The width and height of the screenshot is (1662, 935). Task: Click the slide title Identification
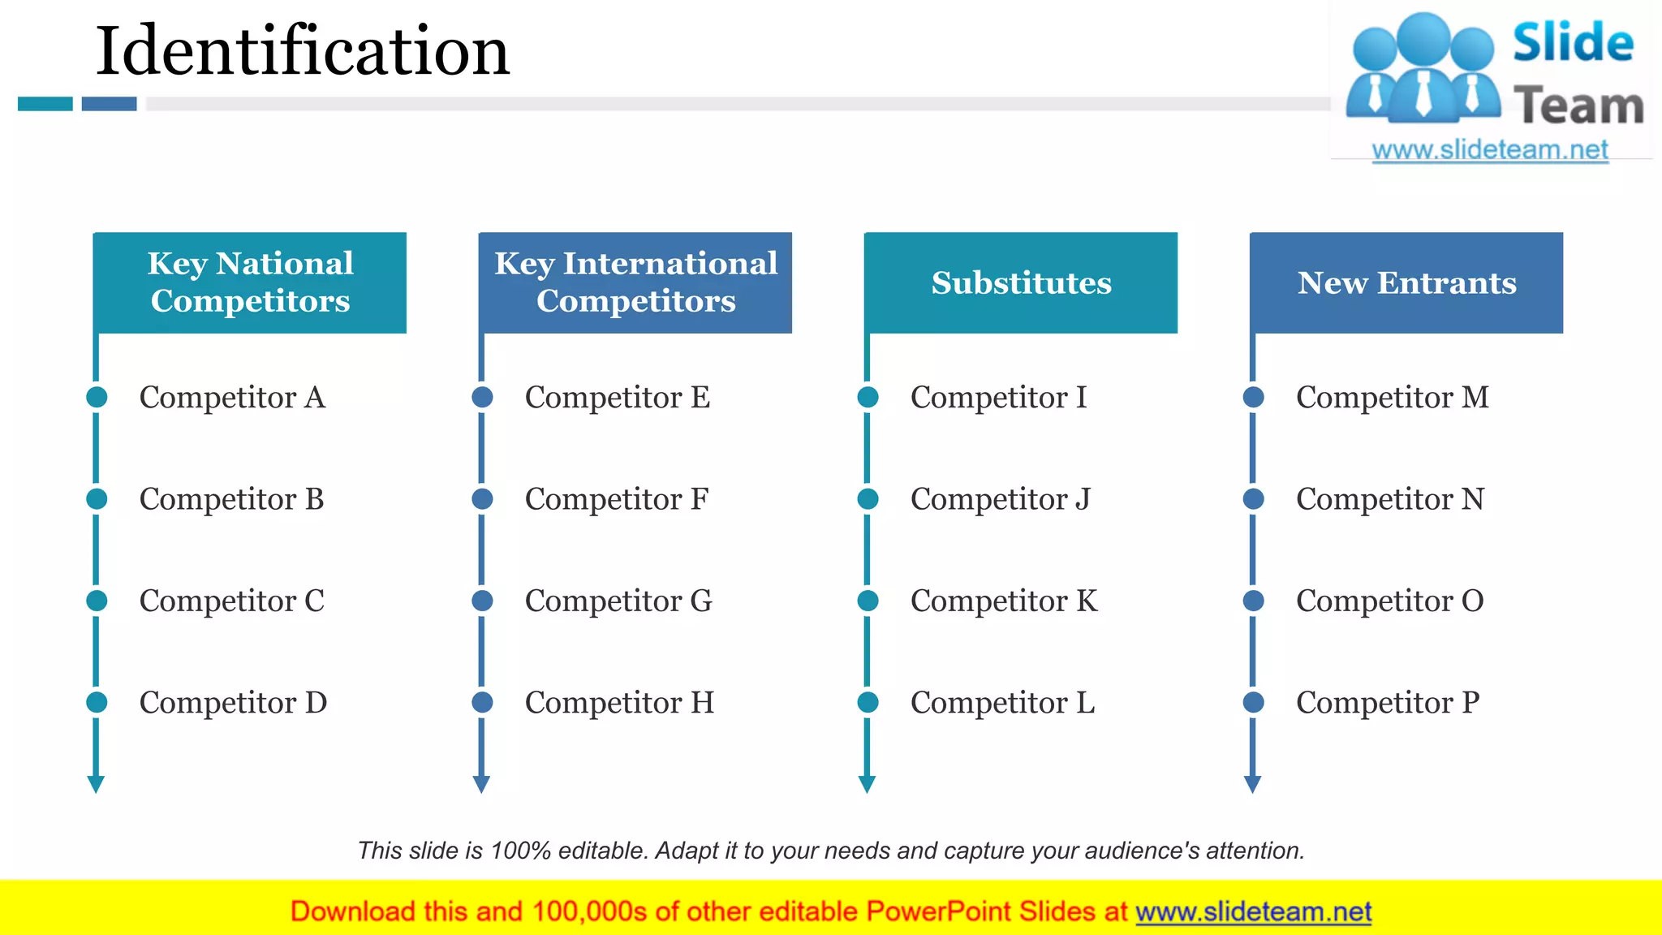pyautogui.click(x=302, y=51)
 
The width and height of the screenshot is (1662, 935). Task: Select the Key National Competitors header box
pyautogui.click(x=250, y=282)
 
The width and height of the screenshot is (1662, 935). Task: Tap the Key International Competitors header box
pyautogui.click(x=635, y=282)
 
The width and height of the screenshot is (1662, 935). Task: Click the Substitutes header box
pyautogui.click(x=1021, y=282)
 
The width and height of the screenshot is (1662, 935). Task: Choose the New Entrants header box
pyautogui.click(x=1406, y=282)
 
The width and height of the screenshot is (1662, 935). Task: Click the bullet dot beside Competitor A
pyautogui.click(x=97, y=397)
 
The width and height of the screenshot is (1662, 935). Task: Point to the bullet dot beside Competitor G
pyautogui.click(x=482, y=601)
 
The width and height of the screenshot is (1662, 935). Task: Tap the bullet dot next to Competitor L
pyautogui.click(x=868, y=702)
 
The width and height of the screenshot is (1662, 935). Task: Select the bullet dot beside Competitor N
pyautogui.click(x=1253, y=498)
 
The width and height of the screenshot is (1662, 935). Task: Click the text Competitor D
pyautogui.click(x=233, y=703)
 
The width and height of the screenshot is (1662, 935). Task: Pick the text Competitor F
pyautogui.click(x=617, y=499)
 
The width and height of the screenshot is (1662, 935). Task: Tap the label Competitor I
pyautogui.click(x=998, y=398)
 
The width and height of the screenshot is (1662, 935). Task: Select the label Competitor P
pyautogui.click(x=1388, y=703)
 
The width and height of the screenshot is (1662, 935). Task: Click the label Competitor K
pyautogui.click(x=1004, y=601)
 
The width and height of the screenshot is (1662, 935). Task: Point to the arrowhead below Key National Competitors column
pyautogui.click(x=96, y=784)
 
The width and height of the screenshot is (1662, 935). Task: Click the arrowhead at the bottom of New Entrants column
pyautogui.click(x=1252, y=784)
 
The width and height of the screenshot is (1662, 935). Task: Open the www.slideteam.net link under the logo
pyautogui.click(x=1490, y=150)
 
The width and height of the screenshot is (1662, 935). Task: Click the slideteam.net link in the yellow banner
pyautogui.click(x=1253, y=912)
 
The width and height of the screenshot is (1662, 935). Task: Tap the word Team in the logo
pyautogui.click(x=1578, y=106)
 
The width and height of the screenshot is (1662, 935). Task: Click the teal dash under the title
pyautogui.click(x=45, y=104)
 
